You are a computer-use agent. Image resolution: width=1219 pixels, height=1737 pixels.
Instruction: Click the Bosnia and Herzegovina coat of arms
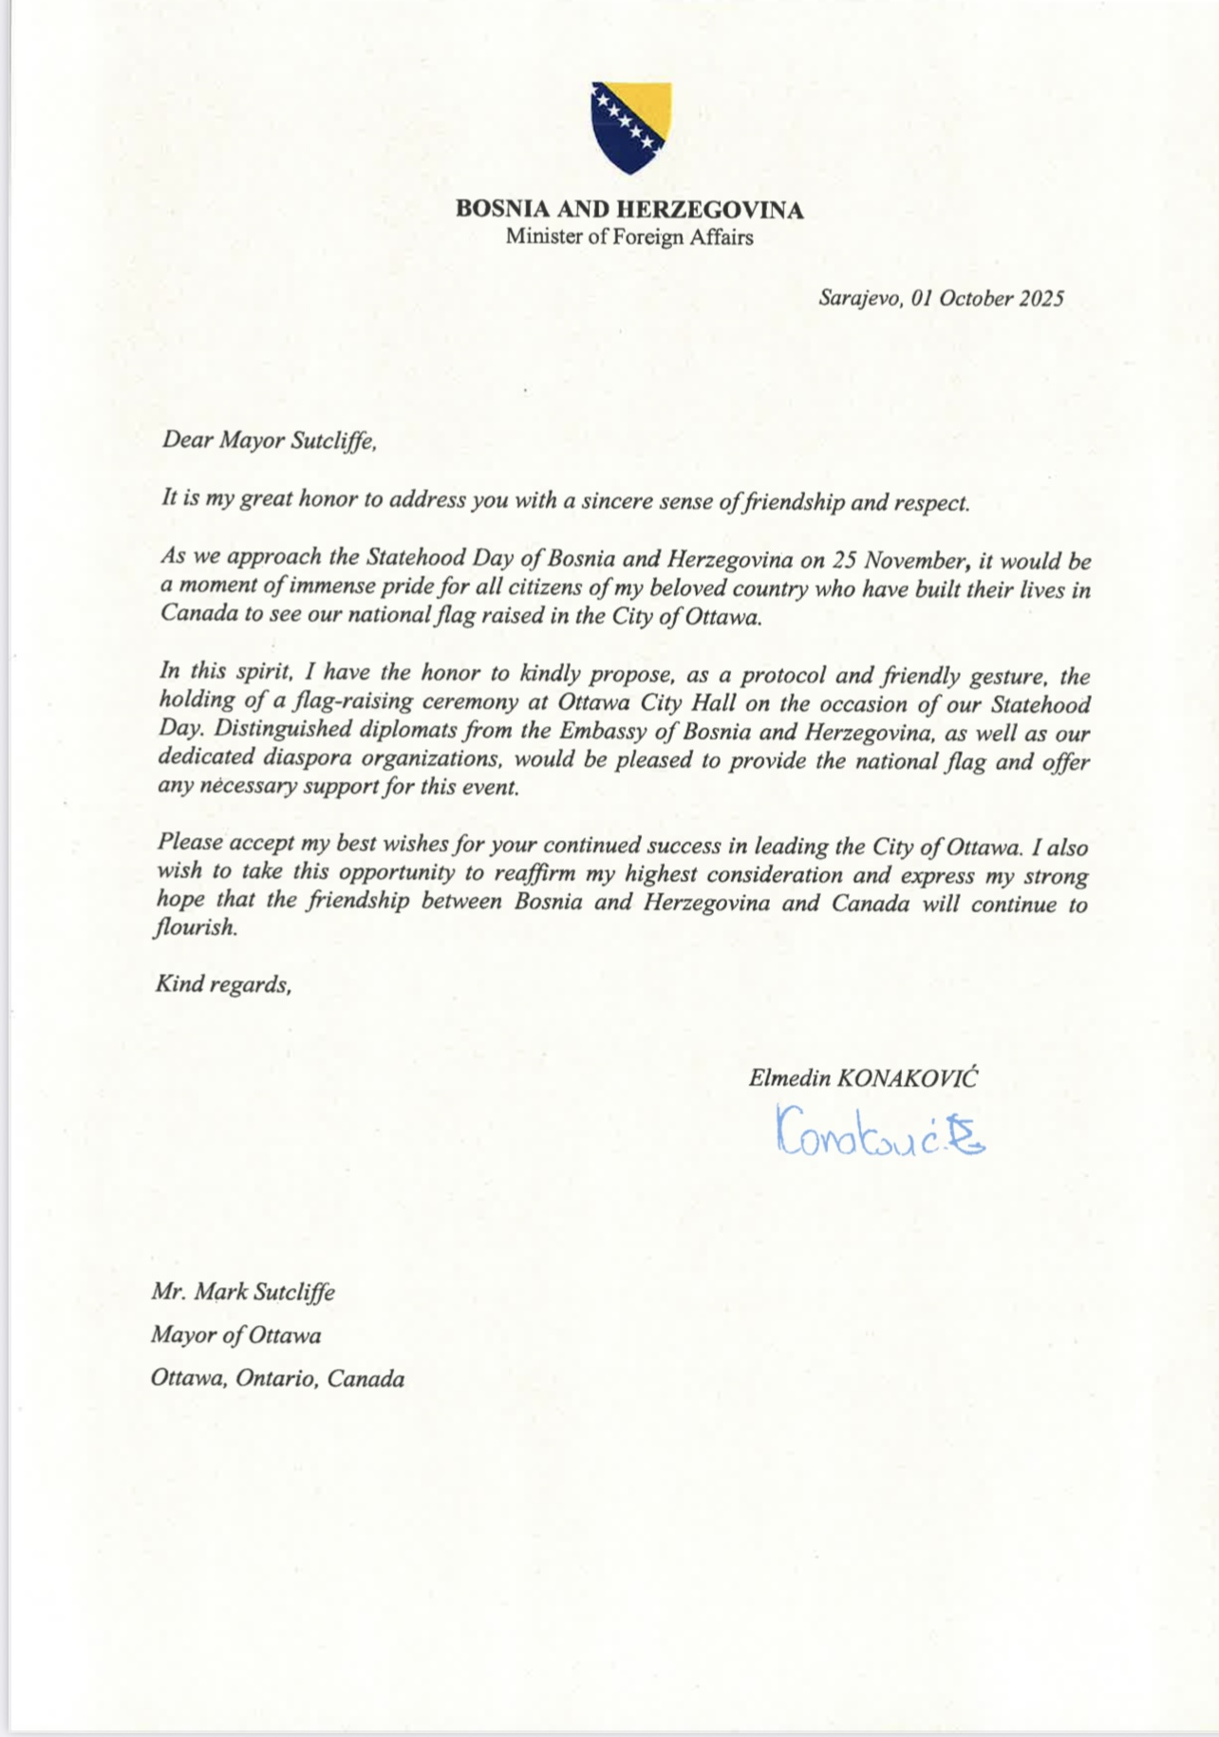[x=631, y=127]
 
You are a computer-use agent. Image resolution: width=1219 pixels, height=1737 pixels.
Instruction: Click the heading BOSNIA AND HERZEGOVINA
[x=629, y=210]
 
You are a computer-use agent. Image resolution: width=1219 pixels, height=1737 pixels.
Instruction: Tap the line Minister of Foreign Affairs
[x=629, y=237]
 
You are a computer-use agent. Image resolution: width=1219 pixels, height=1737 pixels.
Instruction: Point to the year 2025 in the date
[x=1041, y=298]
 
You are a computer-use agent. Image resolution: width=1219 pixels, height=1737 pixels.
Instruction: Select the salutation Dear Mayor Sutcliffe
[x=270, y=440]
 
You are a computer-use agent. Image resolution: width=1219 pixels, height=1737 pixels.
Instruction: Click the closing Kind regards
[x=223, y=984]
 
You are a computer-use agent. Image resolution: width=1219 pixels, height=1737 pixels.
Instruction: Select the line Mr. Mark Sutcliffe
[x=243, y=1292]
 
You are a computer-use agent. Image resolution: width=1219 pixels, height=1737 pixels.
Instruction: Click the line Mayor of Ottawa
[x=235, y=1335]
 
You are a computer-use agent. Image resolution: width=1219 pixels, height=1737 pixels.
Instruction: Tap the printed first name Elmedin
[x=789, y=1078]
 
